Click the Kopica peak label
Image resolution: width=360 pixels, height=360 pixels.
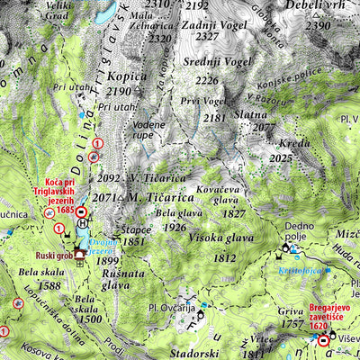click(124, 76)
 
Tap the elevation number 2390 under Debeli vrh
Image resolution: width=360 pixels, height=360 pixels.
click(319, 26)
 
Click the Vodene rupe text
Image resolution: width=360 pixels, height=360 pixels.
click(148, 129)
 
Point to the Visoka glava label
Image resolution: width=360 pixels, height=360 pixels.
click(221, 238)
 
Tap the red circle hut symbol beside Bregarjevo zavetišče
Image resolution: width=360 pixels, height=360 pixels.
click(324, 340)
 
